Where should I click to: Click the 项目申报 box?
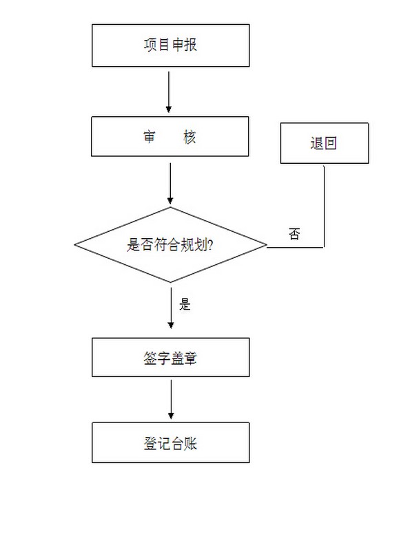[x=170, y=45]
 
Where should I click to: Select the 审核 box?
[x=169, y=136]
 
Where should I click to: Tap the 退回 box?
[x=325, y=143]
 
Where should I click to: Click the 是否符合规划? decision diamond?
[x=170, y=245]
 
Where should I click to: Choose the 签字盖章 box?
[x=170, y=357]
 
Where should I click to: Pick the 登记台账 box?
[x=170, y=442]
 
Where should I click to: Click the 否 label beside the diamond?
[x=294, y=234]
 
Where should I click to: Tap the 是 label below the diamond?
[x=185, y=304]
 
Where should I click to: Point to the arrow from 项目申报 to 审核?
[x=168, y=92]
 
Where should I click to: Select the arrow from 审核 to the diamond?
[x=170, y=183]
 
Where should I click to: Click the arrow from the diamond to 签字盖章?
[x=171, y=308]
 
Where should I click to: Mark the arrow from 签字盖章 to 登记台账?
[x=171, y=399]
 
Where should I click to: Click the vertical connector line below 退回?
[x=324, y=206]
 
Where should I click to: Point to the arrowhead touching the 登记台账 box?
[x=171, y=416]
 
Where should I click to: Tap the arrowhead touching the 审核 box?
[x=168, y=109]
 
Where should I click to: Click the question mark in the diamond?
[x=210, y=245]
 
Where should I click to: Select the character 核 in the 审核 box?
[x=189, y=137]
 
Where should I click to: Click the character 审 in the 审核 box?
[x=150, y=137]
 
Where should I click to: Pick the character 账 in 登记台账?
[x=191, y=443]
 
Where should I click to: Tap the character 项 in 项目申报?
[x=150, y=45]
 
